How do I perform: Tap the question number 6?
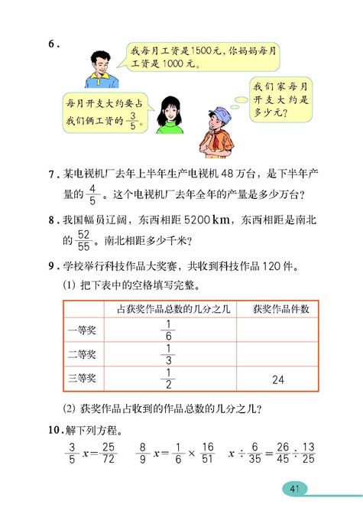point(53,44)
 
